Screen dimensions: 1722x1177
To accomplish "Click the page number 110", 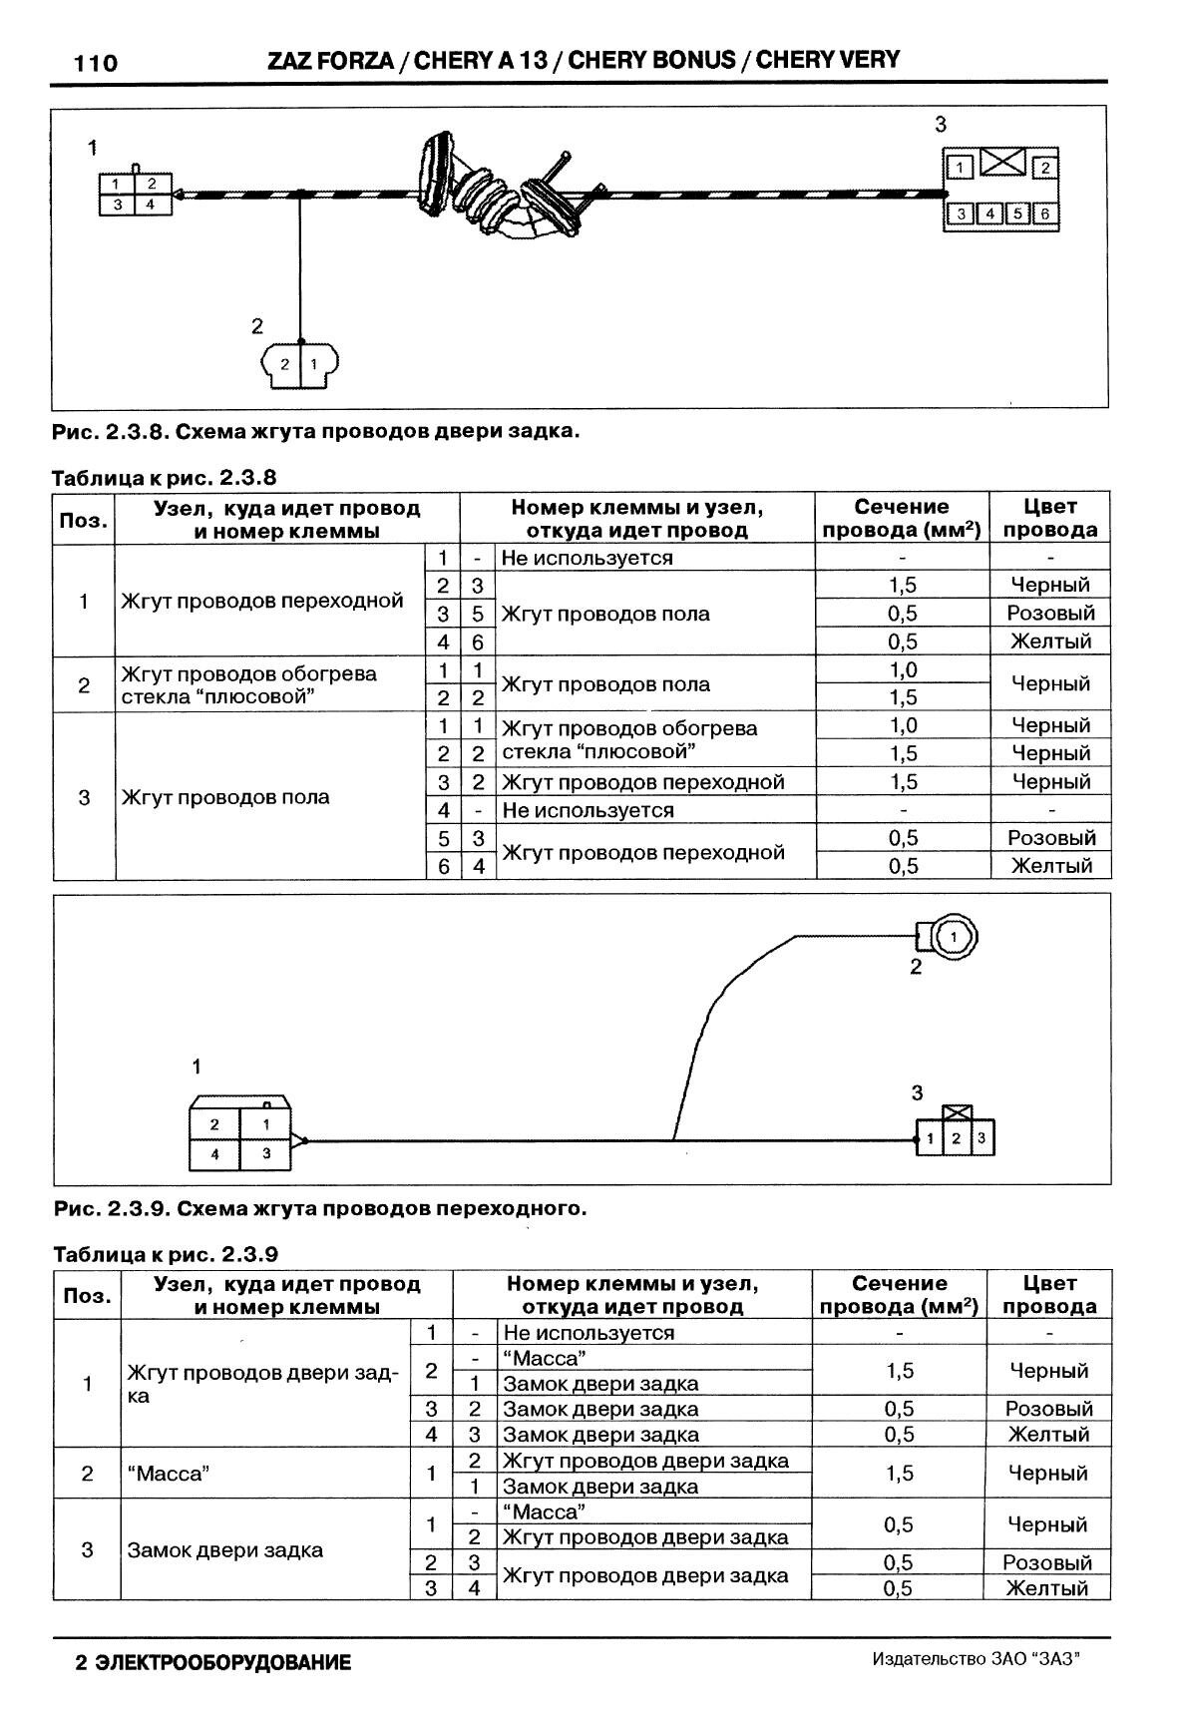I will pos(96,64).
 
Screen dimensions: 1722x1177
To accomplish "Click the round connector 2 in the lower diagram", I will pos(952,936).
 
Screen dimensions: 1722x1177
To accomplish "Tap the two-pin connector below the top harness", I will pos(299,364).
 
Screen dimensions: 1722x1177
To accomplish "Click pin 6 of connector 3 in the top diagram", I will pos(1044,214).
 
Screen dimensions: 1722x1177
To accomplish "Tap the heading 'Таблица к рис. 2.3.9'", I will pos(166,1253).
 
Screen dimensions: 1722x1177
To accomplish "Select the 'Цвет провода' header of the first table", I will pos(1049,518).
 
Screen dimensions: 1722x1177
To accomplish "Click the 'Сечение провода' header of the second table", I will pos(899,1294).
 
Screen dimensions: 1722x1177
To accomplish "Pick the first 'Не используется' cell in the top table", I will pos(587,558).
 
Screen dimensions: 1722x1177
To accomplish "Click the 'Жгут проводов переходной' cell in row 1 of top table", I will pos(262,601).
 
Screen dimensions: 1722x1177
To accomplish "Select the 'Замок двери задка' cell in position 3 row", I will pos(225,1549).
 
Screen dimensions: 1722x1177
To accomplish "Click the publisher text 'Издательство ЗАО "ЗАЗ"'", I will pos(977,1659).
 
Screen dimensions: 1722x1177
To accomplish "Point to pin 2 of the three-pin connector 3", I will pos(956,1138).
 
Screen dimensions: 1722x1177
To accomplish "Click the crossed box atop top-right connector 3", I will pos(1001,160).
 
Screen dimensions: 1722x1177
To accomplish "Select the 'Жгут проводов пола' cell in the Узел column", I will pos(225,796).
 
